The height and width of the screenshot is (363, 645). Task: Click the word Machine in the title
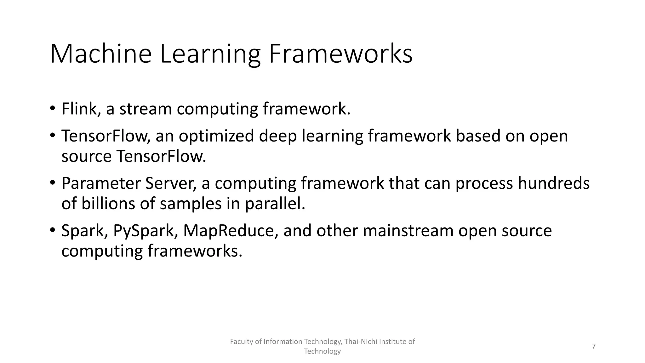click(101, 54)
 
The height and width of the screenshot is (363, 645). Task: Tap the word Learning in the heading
click(210, 54)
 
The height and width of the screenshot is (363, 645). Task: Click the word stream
click(146, 109)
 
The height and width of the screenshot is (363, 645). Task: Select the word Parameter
click(101, 183)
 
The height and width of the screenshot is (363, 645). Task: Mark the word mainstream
click(408, 231)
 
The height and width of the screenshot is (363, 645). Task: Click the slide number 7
click(594, 346)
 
